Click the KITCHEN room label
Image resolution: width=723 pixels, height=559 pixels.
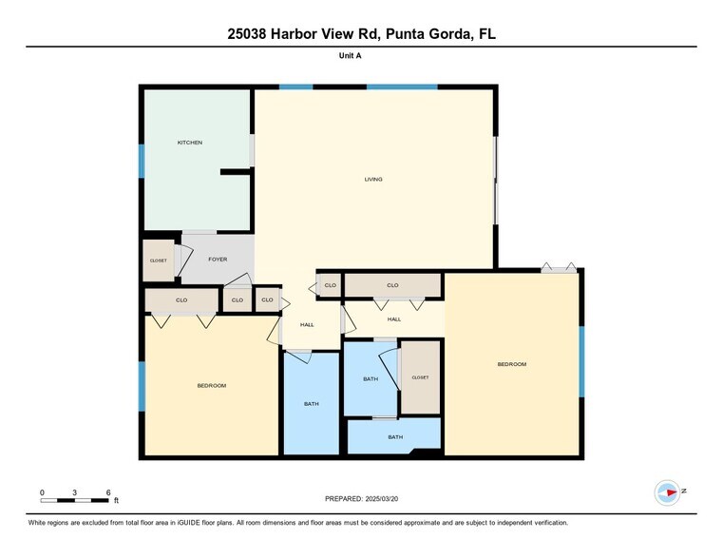tap(190, 143)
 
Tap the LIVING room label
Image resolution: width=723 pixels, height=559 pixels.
tap(374, 179)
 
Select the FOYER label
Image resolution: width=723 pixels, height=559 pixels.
tap(218, 259)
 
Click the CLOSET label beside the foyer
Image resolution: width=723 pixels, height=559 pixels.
tap(159, 260)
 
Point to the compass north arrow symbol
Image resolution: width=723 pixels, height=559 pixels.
tap(669, 492)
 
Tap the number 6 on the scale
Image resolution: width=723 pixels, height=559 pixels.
tap(108, 492)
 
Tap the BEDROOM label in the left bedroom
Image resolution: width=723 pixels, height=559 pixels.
tap(211, 385)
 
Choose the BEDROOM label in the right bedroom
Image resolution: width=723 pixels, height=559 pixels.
tap(511, 364)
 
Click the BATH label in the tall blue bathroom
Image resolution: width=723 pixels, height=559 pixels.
tap(312, 404)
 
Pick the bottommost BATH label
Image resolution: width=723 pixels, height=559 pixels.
tap(395, 436)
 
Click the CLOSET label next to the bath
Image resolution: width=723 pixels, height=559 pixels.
tap(420, 377)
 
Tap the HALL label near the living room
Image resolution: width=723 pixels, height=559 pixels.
tap(307, 325)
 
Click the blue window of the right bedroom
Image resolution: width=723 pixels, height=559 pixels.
tap(581, 362)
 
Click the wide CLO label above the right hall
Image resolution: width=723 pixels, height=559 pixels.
tap(392, 285)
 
